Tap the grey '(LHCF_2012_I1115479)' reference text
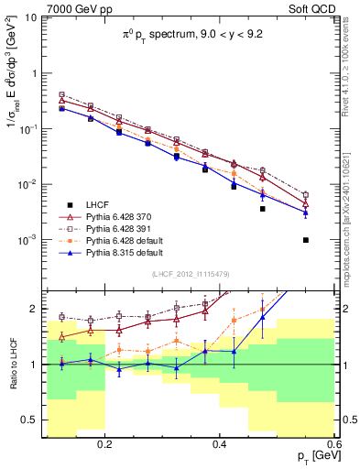tap(191, 275)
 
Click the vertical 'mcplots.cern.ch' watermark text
tap(350, 234)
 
